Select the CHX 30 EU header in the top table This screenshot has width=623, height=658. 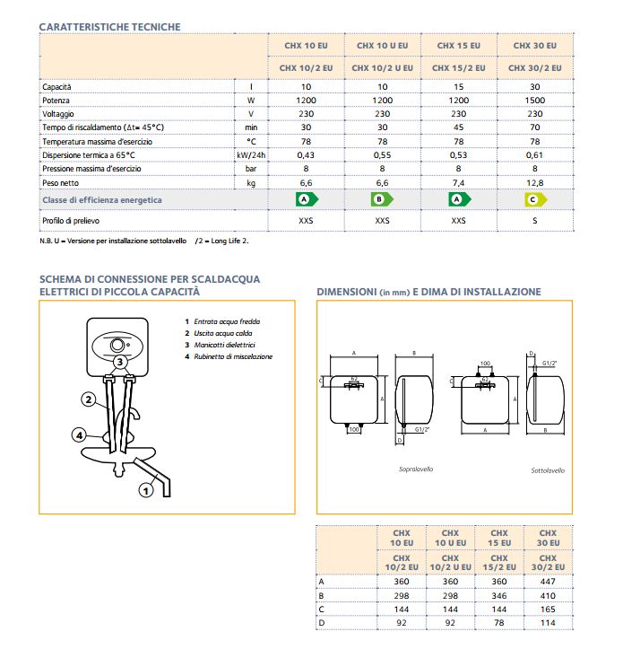tap(535, 45)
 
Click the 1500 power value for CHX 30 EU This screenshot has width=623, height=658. tap(535, 100)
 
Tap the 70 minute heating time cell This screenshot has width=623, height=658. tap(535, 127)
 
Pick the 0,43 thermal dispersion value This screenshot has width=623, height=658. tap(306, 155)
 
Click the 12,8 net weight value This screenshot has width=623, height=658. tap(535, 182)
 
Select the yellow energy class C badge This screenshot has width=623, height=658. tap(534, 199)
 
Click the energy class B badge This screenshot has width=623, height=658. tap(382, 199)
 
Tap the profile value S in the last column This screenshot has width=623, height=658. tap(535, 220)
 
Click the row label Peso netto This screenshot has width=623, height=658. tap(61, 182)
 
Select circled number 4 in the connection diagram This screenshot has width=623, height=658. tap(80, 436)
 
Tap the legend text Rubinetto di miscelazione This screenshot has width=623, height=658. tap(233, 356)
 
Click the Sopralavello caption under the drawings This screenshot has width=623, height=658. tap(415, 469)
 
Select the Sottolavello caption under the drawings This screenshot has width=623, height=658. tap(548, 469)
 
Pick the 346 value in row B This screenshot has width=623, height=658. tap(500, 595)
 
